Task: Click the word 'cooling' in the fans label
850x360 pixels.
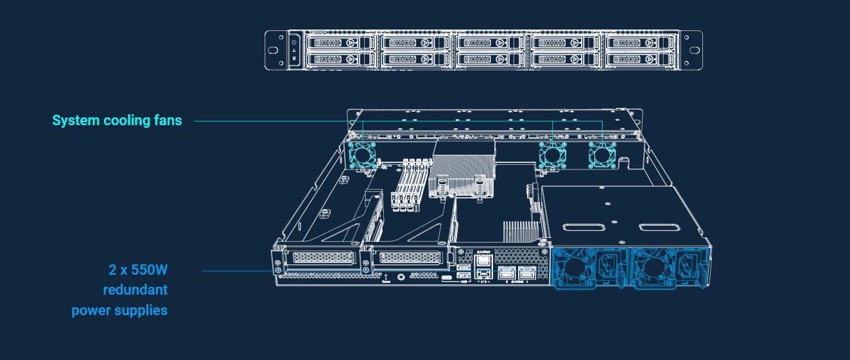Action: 123,121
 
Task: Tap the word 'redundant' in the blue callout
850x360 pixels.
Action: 135,289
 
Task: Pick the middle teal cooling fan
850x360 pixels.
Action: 552,156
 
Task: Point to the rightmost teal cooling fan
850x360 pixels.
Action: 602,156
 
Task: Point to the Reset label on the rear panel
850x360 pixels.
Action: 386,281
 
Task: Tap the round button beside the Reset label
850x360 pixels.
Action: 401,277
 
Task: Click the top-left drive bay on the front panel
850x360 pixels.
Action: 337,42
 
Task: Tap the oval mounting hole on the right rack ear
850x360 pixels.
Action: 694,49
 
